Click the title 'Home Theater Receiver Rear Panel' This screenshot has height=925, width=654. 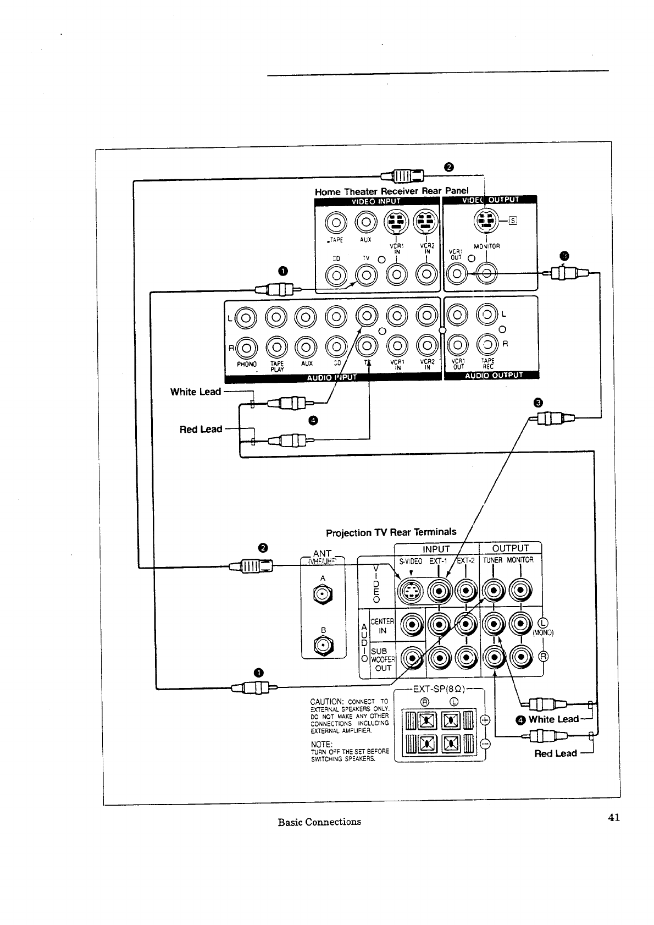pyautogui.click(x=391, y=191)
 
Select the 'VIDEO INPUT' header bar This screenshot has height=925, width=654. pyautogui.click(x=376, y=201)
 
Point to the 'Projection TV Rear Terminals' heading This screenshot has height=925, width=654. pyautogui.click(x=391, y=532)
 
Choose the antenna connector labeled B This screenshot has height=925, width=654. pyautogui.click(x=323, y=645)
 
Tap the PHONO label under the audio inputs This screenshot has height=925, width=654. pyautogui.click(x=247, y=364)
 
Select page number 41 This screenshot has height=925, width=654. pyautogui.click(x=614, y=817)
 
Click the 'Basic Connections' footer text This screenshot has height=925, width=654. pyautogui.click(x=319, y=822)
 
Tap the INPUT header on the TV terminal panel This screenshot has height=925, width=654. pyautogui.click(x=436, y=548)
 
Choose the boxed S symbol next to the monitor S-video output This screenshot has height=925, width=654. pyautogui.click(x=513, y=221)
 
